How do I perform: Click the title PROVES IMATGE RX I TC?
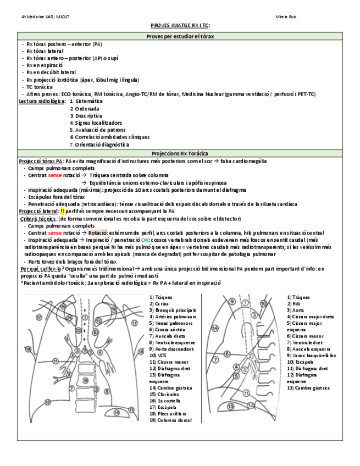(180, 25)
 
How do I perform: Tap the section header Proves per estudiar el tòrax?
(180, 36)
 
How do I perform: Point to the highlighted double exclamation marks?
(62, 211)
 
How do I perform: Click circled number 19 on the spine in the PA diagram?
(85, 380)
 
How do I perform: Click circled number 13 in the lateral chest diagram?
(231, 406)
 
